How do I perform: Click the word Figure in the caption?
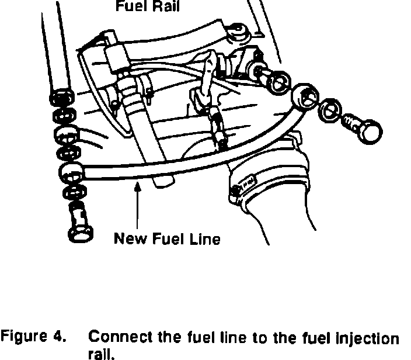[x=22, y=338]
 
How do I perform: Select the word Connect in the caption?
[x=113, y=338]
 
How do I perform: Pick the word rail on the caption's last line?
[x=98, y=353]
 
